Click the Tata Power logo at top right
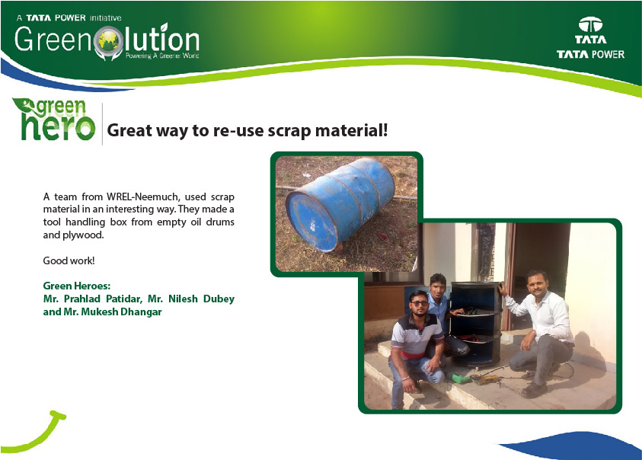(590, 38)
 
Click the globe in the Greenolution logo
(108, 41)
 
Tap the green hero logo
(54, 120)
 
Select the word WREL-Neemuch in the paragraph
(143, 196)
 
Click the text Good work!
(69, 260)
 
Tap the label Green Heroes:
(77, 286)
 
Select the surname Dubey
(219, 299)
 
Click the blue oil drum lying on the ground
(340, 203)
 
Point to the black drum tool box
(476, 323)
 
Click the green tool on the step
(462, 379)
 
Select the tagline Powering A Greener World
(162, 56)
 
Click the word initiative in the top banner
(106, 18)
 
